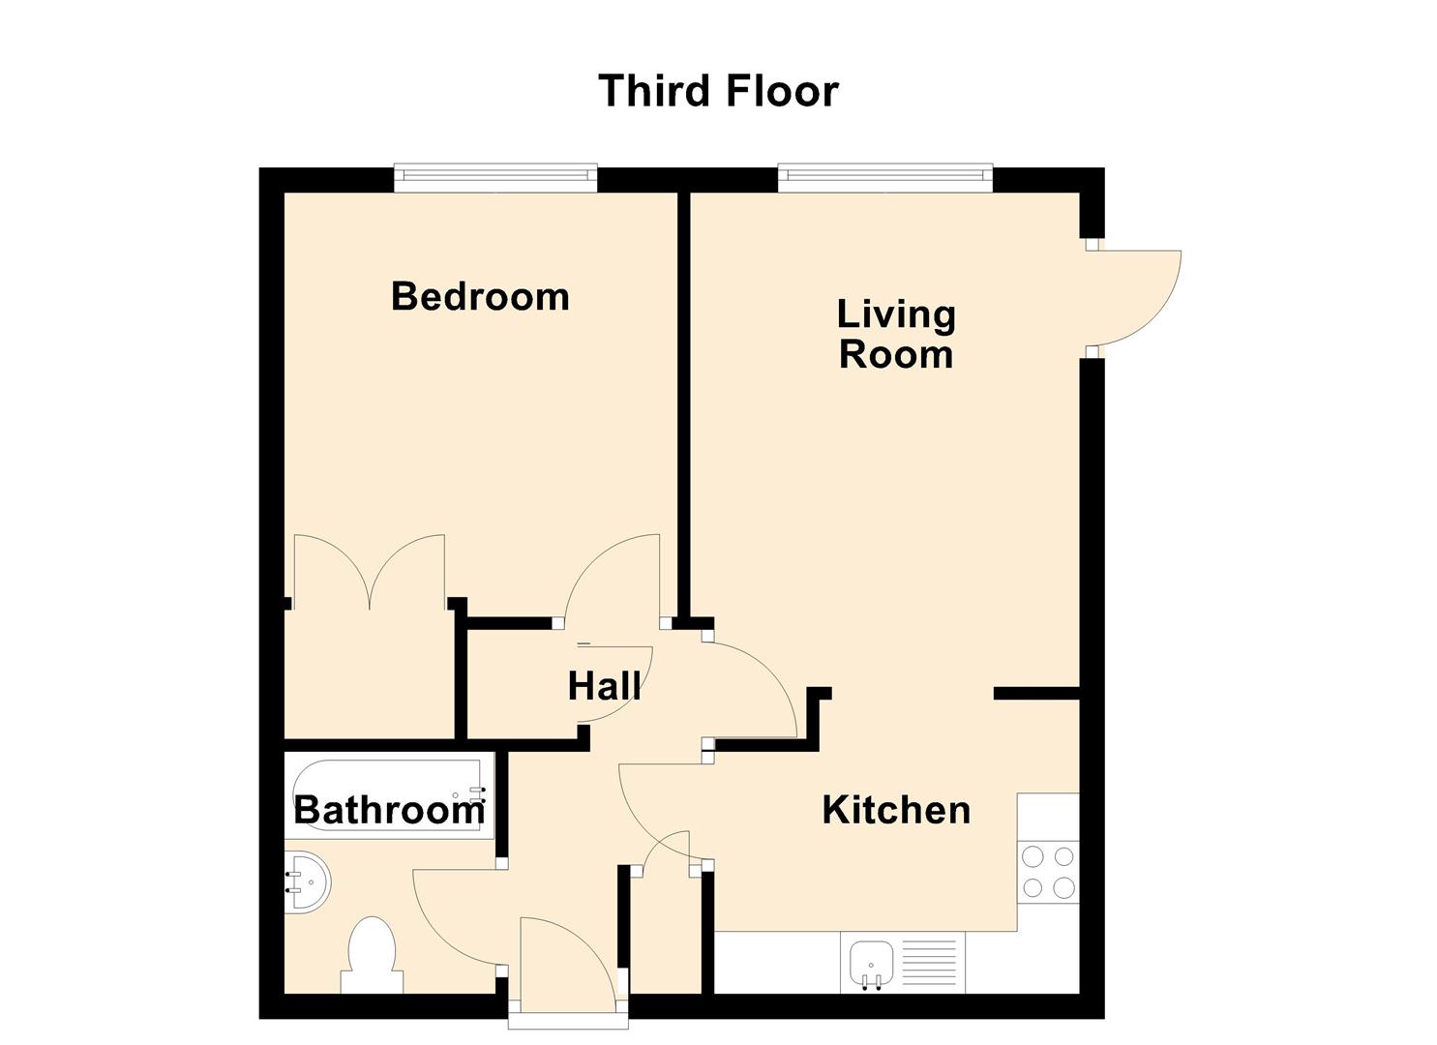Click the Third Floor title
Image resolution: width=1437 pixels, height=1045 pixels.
pos(718,91)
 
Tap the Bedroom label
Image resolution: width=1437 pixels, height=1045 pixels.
pos(480,296)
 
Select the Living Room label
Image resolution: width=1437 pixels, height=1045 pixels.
pos(896,334)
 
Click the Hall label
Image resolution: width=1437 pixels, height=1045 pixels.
pos(604,686)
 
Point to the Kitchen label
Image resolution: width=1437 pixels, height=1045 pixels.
pos(896,810)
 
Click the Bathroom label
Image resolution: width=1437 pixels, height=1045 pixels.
pos(389,810)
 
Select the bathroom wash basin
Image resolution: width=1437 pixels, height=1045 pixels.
pos(307,881)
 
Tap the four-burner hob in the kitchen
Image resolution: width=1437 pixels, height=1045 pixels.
pos(1048,872)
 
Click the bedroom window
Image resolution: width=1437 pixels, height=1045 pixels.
pos(494,175)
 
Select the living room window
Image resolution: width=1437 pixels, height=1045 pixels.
pos(884,175)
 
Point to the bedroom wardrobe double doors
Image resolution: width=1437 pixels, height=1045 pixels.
pos(370,571)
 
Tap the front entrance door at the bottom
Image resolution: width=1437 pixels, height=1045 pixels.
pos(566,968)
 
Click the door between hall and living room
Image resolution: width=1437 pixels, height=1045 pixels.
pos(755,687)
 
